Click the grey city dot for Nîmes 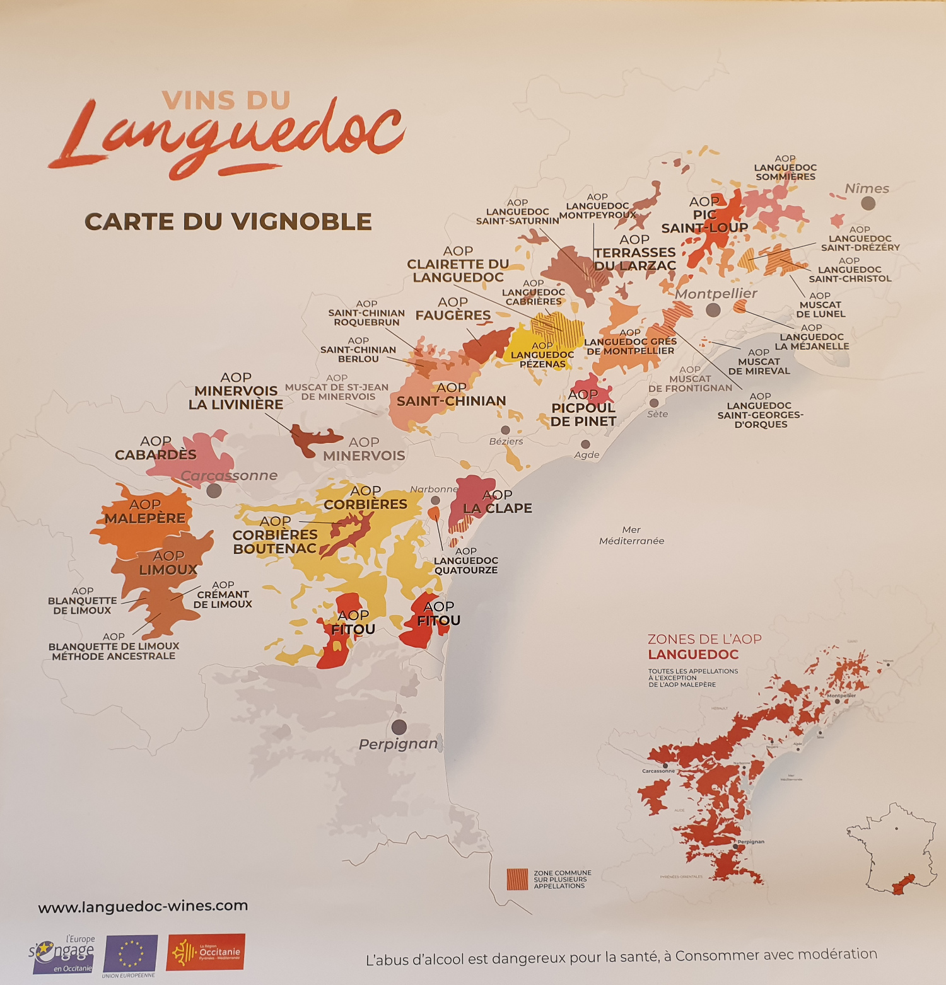click(868, 203)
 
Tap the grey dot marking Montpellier click(713, 309)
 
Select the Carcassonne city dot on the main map click(214, 490)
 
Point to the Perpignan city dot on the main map click(399, 727)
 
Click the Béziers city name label click(506, 441)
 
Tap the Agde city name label click(587, 455)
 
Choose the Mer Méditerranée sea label click(631, 536)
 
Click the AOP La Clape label click(498, 502)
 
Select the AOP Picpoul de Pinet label click(583, 408)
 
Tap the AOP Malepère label click(145, 512)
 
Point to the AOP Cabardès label click(156, 448)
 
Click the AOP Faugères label click(453, 309)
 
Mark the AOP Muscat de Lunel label click(820, 304)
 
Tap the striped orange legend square click(517, 879)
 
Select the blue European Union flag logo click(131, 953)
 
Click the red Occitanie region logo click(206, 952)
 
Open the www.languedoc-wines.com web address click(143, 906)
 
